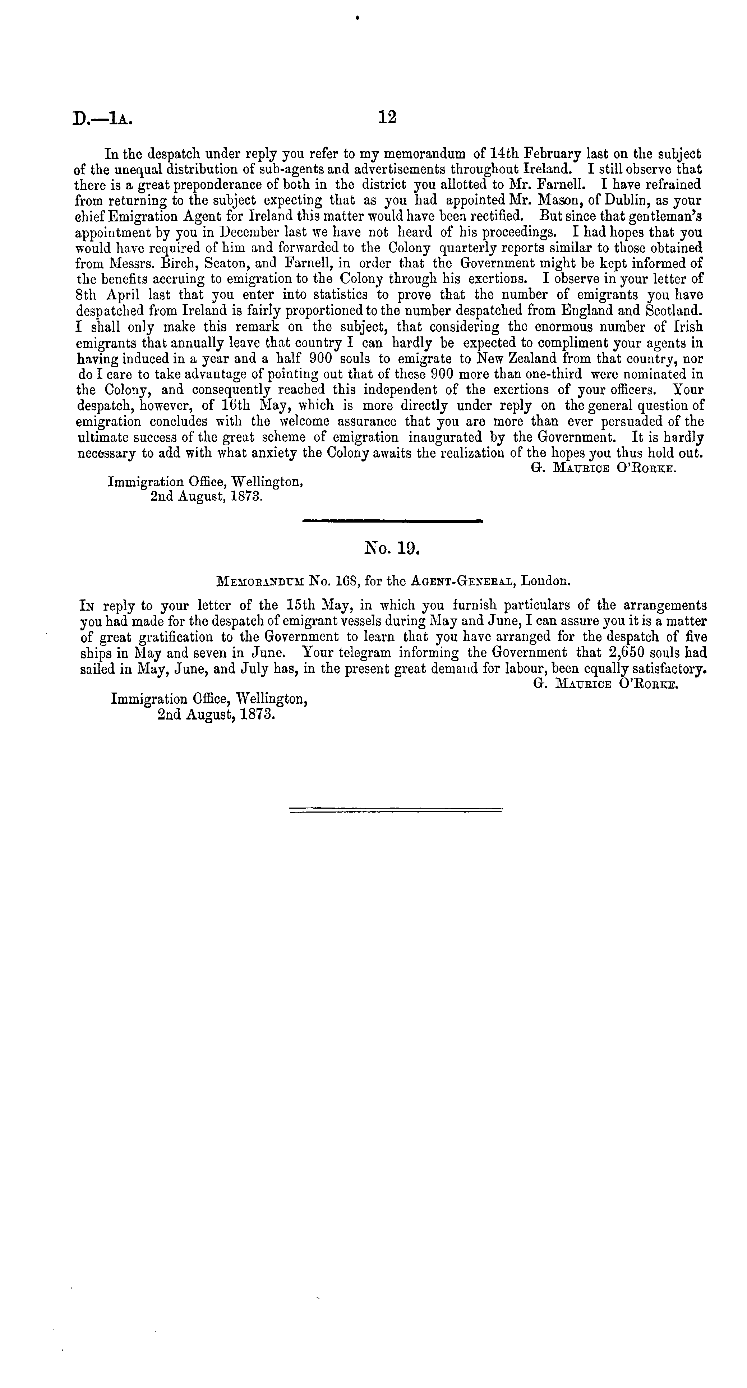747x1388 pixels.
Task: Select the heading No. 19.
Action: tap(392, 548)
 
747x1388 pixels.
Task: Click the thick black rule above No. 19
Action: tap(393, 521)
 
